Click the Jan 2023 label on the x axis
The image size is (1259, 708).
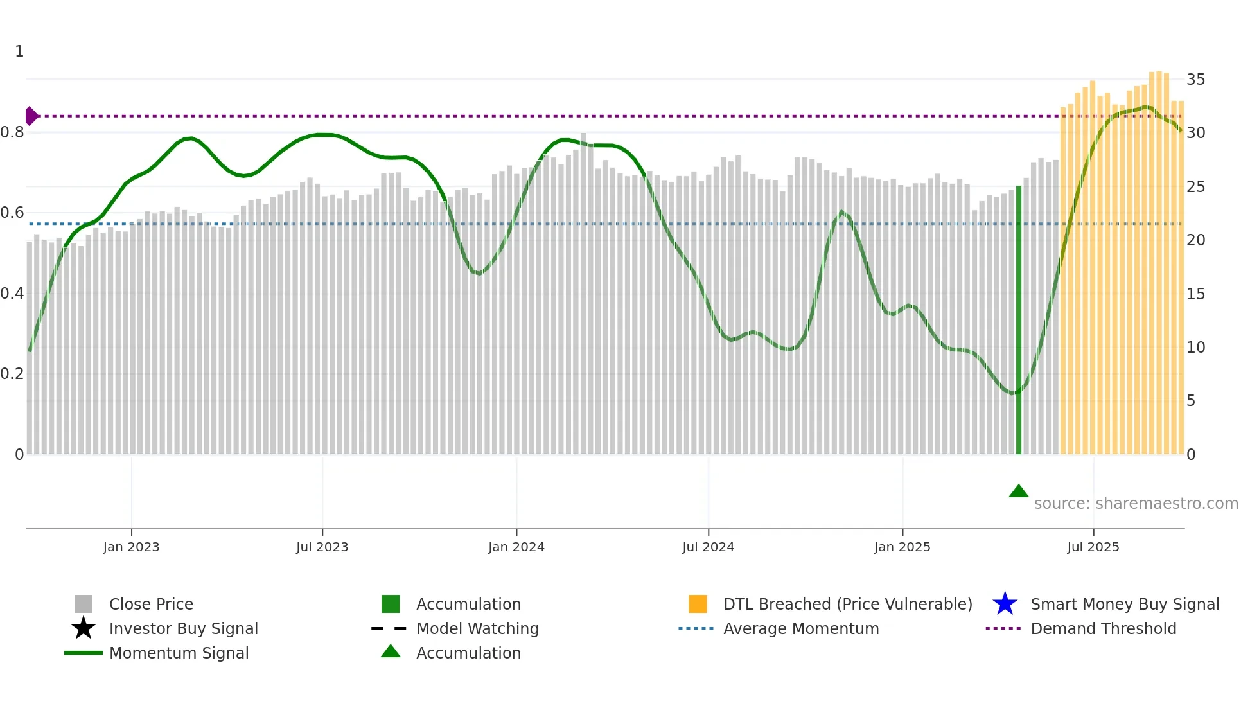click(x=131, y=547)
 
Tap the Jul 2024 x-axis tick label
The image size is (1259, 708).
click(x=708, y=547)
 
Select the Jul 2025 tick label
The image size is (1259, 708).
click(x=1093, y=547)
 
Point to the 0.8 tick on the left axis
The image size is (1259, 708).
click(x=12, y=132)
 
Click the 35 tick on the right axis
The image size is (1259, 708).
click(x=1195, y=80)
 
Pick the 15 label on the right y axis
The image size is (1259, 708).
click(x=1195, y=294)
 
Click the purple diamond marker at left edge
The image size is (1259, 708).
click(x=31, y=116)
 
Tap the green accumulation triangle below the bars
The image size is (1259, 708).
click(x=1018, y=491)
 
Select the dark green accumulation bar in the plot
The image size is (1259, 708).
click(x=1018, y=321)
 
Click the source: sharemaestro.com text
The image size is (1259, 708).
click(x=1136, y=504)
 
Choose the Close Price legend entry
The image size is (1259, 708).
click(x=151, y=604)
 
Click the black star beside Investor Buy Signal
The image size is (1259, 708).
click(x=84, y=628)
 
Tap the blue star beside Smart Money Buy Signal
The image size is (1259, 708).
click(x=1005, y=604)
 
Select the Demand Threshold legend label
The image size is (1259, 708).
click(x=1103, y=628)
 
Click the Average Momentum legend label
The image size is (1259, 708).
click(x=801, y=628)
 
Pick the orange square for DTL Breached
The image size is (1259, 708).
click(x=698, y=604)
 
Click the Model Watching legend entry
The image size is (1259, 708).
click(x=477, y=628)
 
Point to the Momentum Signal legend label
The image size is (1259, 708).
click(x=179, y=653)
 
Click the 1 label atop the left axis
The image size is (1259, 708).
click(x=19, y=51)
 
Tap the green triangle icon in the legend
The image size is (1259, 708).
click(x=391, y=651)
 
